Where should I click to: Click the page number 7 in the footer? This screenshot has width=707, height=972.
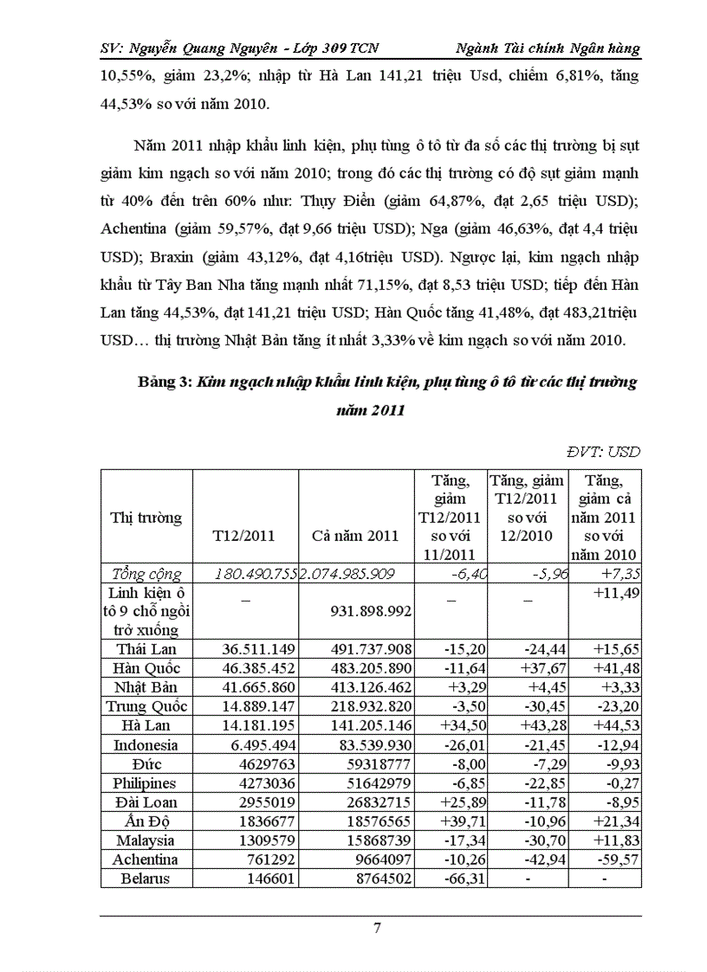(377, 930)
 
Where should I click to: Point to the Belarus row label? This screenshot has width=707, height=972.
(146, 878)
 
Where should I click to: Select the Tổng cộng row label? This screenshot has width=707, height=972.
(146, 573)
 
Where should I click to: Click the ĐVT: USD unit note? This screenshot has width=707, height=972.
(604, 451)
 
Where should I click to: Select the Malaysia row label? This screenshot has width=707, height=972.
(146, 840)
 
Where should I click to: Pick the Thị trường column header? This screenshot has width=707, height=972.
(146, 518)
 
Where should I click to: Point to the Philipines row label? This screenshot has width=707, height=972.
(146, 782)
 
